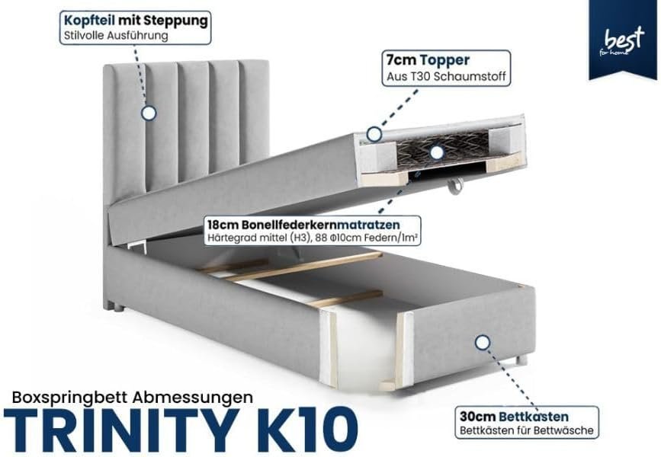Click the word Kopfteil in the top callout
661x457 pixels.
tap(89, 21)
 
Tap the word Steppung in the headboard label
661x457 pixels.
tap(175, 21)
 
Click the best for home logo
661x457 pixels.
tap(622, 41)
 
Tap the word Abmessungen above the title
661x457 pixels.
tap(193, 397)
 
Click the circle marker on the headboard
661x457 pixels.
tap(149, 113)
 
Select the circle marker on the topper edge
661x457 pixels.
tap(374, 134)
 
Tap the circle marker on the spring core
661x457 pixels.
tap(437, 152)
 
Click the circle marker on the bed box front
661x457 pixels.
tap(483, 343)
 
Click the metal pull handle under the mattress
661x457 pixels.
tap(456, 186)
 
